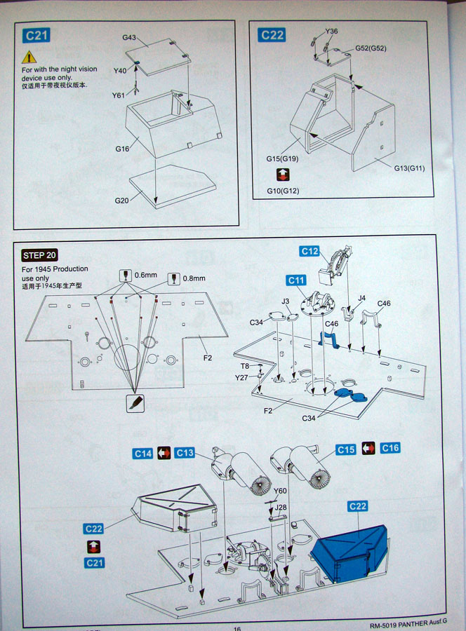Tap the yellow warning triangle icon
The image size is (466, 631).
[x=29, y=57]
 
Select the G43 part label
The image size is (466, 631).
[x=129, y=37]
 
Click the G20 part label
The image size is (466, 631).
[x=122, y=201]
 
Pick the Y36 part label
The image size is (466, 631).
[x=331, y=32]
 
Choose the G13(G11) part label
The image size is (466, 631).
[x=408, y=168]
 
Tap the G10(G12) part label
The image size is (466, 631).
[x=284, y=191]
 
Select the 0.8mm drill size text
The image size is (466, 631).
[x=194, y=278]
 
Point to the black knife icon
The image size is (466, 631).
[x=135, y=403]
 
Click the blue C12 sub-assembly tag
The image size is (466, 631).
[x=309, y=251]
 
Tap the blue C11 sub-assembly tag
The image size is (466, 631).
[x=296, y=280]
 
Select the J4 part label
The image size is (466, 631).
[x=361, y=299]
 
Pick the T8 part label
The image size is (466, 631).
[x=245, y=366]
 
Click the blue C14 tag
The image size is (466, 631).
[x=142, y=454]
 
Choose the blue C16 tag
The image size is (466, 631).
[x=390, y=448]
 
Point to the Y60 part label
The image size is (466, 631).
[x=281, y=491]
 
